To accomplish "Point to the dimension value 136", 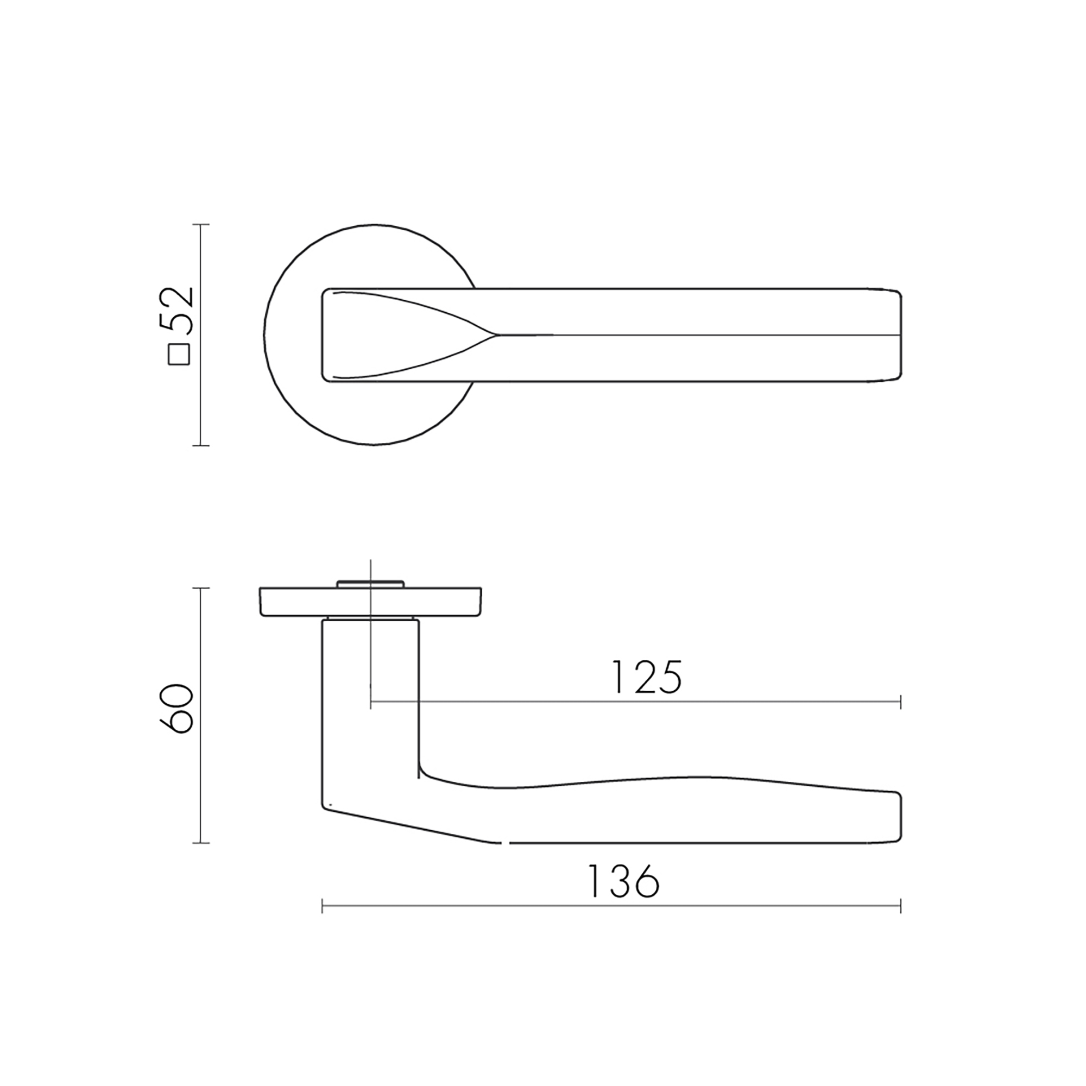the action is coord(623,881).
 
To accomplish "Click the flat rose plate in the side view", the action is coord(370,602).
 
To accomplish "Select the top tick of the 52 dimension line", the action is coord(201,224).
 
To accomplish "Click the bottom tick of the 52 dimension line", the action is coord(201,446).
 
